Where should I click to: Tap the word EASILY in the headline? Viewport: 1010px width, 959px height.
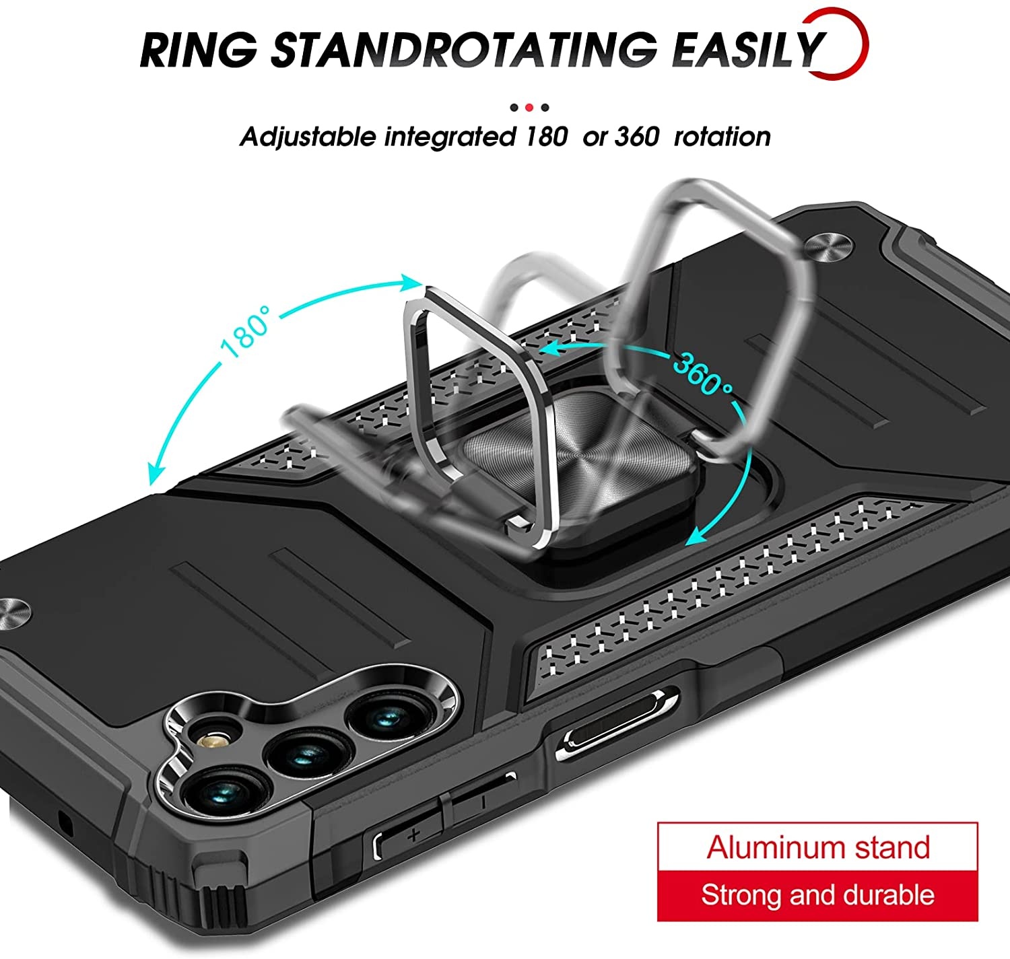tap(747, 50)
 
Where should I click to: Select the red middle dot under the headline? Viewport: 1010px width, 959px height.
tap(529, 107)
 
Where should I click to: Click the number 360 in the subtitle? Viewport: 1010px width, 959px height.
tap(637, 137)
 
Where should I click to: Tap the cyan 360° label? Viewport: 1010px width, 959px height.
tap(702, 374)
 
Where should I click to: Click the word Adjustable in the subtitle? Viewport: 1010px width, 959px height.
tap(308, 137)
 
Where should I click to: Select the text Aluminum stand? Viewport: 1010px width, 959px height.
tap(817, 847)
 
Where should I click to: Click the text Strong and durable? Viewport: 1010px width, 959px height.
tap(817, 895)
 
